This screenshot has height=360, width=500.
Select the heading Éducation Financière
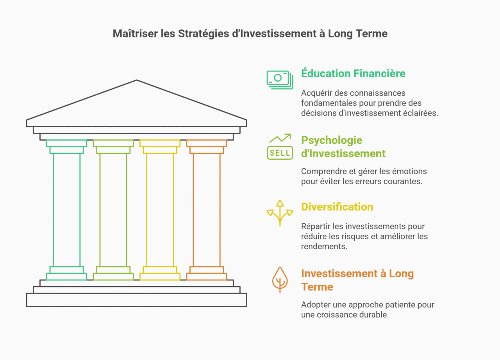click(353, 73)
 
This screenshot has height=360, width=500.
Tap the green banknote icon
click(280, 80)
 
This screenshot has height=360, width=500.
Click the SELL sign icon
click(280, 152)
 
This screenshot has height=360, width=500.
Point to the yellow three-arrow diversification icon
click(280, 213)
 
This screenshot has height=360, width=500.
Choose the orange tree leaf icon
click(280, 280)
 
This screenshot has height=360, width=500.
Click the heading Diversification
click(337, 207)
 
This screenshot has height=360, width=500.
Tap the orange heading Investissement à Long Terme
click(357, 280)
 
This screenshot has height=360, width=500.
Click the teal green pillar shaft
click(67, 210)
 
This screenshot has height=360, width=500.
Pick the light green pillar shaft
click(113, 210)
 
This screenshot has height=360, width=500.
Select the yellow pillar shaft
click(160, 210)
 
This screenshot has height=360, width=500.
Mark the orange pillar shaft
click(207, 210)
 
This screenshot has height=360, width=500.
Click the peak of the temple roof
click(137, 81)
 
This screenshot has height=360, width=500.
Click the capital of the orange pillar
click(207, 146)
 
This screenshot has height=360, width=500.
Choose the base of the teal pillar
click(67, 273)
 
